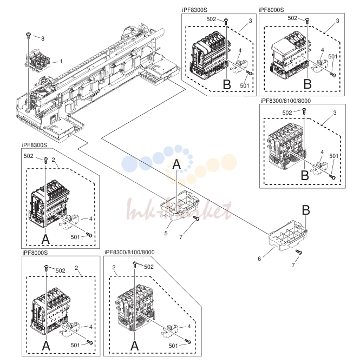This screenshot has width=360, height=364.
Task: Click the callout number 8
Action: coord(43,38)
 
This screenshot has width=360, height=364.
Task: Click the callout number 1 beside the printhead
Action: coord(61,61)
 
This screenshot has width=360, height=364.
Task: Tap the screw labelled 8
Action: coord(28,36)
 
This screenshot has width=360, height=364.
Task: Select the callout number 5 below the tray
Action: coord(166,233)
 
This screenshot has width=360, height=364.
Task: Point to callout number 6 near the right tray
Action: coord(259,259)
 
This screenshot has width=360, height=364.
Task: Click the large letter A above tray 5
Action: coord(176,164)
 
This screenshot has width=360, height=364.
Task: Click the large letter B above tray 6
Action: coord(306,210)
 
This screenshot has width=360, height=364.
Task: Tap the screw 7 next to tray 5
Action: coord(197,218)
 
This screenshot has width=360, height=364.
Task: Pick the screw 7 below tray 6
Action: coord(299,252)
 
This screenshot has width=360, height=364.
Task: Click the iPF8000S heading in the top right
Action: coord(271,10)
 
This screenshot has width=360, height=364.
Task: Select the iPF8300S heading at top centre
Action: coord(194,10)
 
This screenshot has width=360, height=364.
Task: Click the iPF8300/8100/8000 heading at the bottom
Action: coord(129,252)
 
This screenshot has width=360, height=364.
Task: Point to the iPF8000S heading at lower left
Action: coord(35,253)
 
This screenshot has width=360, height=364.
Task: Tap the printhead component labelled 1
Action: coord(38,59)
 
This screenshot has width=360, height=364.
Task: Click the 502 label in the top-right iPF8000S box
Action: coord(292,18)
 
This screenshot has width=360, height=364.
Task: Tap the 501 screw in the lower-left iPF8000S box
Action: coord(90,342)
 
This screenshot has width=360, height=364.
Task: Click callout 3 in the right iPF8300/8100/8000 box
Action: coord(335,112)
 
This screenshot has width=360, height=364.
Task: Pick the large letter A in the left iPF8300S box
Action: coord(45,239)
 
